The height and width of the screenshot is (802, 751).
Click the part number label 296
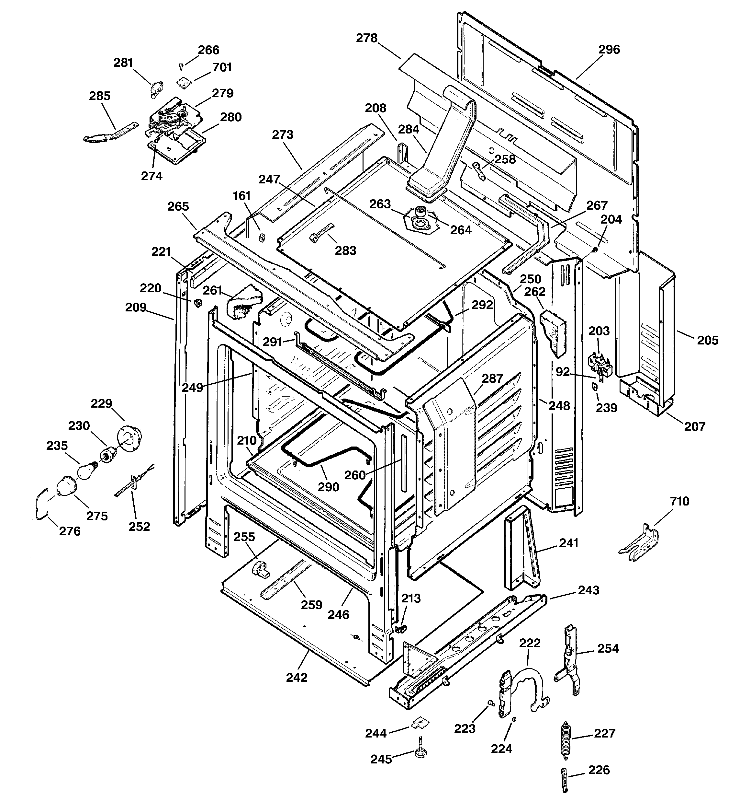tap(609, 50)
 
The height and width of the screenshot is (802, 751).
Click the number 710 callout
tap(680, 501)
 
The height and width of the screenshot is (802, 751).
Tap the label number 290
tap(328, 487)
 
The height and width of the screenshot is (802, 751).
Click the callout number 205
tap(708, 341)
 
